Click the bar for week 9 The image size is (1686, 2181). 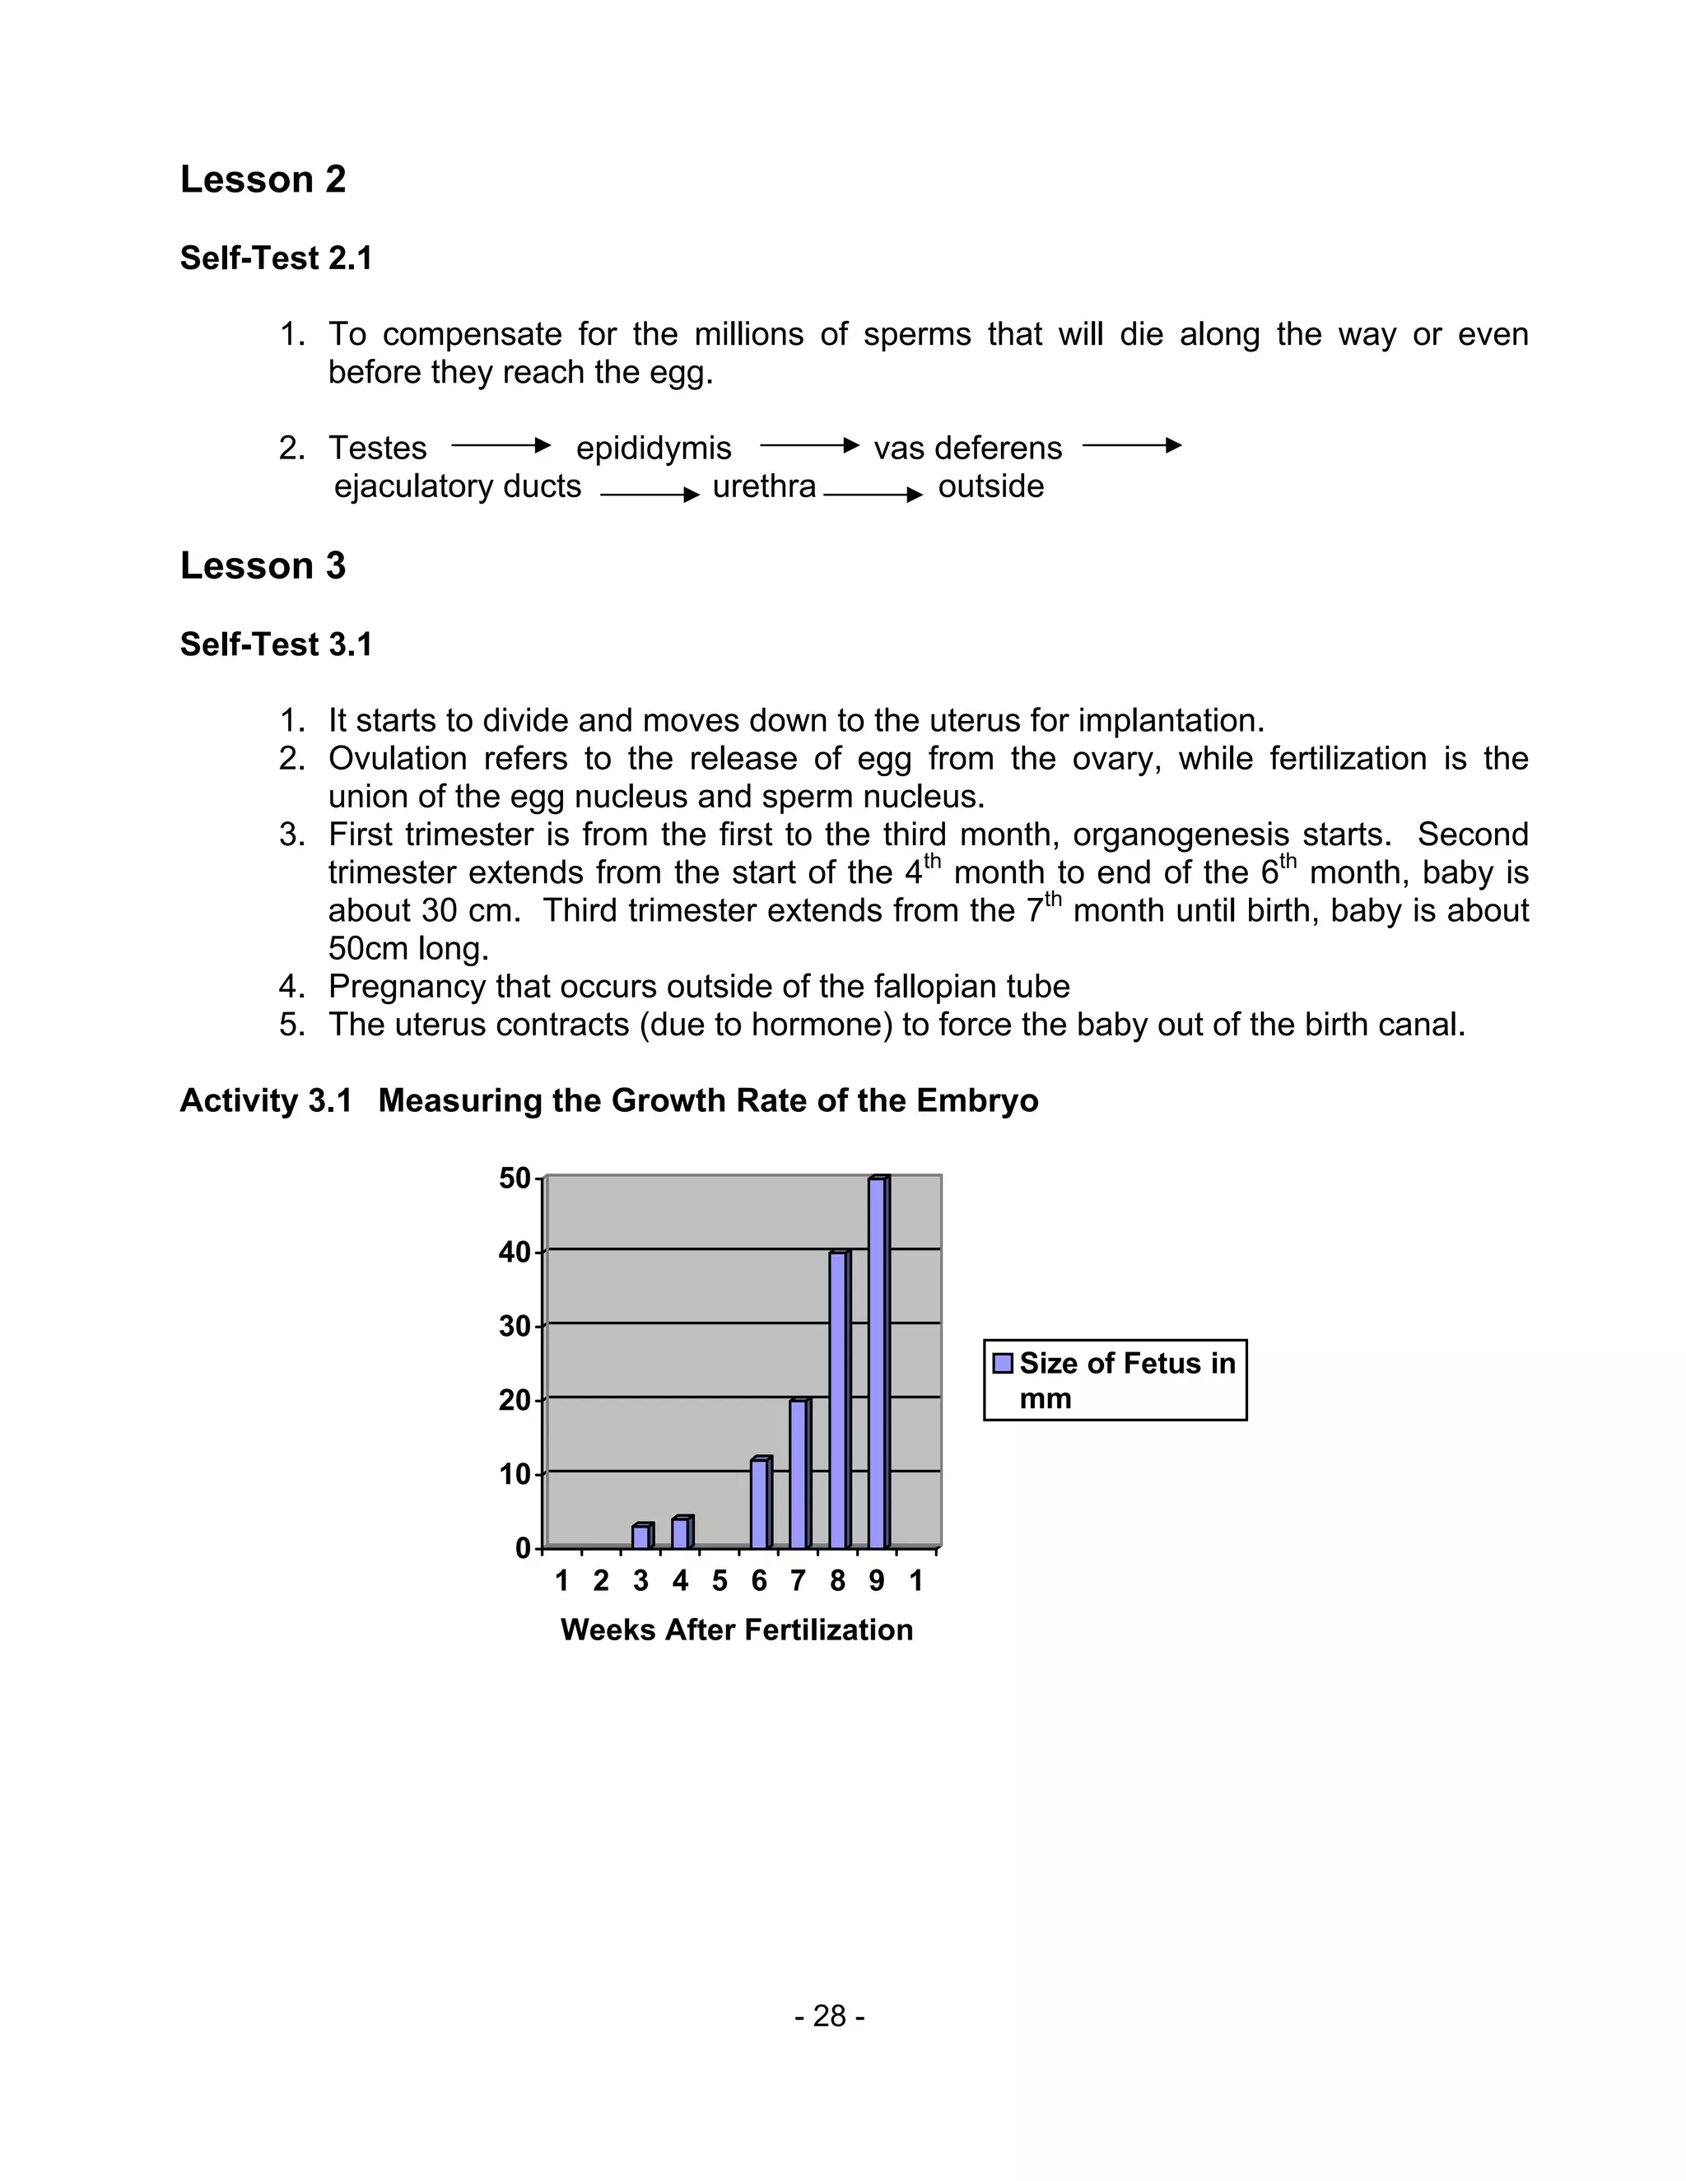point(877,1363)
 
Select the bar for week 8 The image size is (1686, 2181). point(838,1399)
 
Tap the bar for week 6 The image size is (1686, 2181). point(759,1503)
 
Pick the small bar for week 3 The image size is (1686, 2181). point(641,1536)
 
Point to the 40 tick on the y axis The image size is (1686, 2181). point(515,1253)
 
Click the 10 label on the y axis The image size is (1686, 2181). point(515,1474)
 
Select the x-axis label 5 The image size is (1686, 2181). point(720,1581)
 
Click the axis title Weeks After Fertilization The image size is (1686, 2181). point(736,1630)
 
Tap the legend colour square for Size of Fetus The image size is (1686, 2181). point(1003,1363)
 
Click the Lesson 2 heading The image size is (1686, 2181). point(263,179)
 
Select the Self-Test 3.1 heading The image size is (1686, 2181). point(276,644)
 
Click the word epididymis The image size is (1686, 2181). point(653,448)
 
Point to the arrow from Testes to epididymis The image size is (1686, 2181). point(501,445)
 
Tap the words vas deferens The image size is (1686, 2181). point(966,448)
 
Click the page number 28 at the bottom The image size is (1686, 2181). point(829,2016)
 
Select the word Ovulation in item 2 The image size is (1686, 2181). point(397,758)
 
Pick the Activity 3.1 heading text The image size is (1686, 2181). point(608,1100)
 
